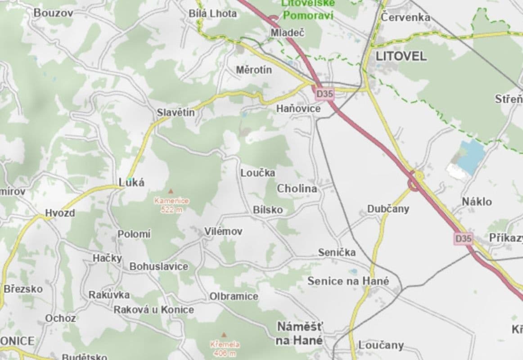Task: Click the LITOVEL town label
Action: pyautogui.click(x=401, y=57)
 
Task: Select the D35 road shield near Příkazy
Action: pyautogui.click(x=463, y=238)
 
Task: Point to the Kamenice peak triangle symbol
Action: pyautogui.click(x=171, y=192)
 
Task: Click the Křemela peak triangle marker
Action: pyautogui.click(x=224, y=335)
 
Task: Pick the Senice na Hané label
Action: pyautogui.click(x=348, y=281)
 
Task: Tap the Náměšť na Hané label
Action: pyautogui.click(x=300, y=333)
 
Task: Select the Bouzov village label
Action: pyautogui.click(x=53, y=13)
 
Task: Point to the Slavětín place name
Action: pyautogui.click(x=176, y=112)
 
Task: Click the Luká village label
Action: pyautogui.click(x=132, y=182)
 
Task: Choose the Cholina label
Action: pyautogui.click(x=297, y=189)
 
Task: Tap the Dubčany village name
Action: pyautogui.click(x=388, y=209)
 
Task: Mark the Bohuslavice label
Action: pyautogui.click(x=159, y=266)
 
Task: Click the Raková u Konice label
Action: pyautogui.click(x=153, y=310)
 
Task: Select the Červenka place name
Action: pyautogui.click(x=405, y=17)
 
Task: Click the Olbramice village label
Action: pyautogui.click(x=234, y=296)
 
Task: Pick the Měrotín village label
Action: pyautogui.click(x=254, y=70)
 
